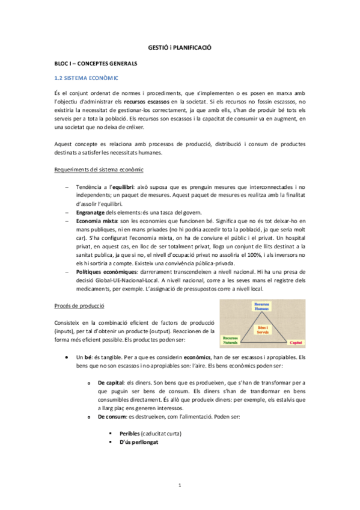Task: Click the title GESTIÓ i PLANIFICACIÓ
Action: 180,47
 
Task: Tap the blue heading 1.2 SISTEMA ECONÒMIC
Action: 87,78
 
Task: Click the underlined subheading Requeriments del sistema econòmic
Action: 99,170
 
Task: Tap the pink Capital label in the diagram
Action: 295,342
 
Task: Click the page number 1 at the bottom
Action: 180,485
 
